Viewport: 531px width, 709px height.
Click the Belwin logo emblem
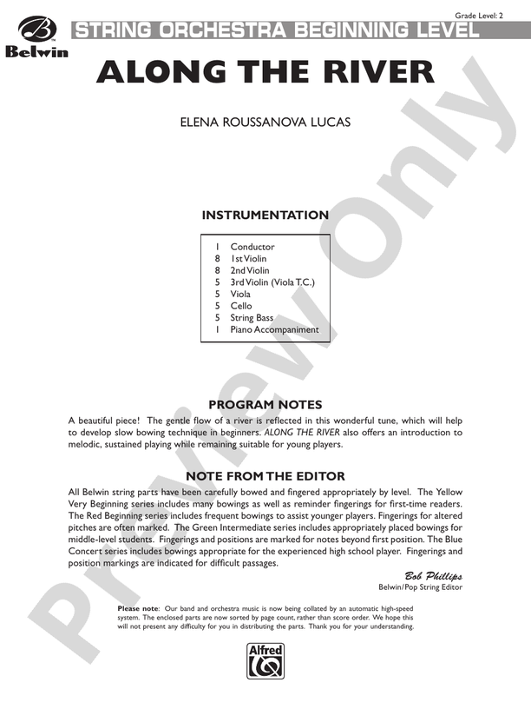34,30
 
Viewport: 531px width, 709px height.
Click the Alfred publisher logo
265,661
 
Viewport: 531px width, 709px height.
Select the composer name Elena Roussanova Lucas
265,122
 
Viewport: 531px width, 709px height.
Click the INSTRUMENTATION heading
265,215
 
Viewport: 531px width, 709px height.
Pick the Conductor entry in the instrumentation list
252,247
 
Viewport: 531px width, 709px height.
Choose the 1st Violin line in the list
248,259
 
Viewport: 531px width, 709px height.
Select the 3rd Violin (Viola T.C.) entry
272,282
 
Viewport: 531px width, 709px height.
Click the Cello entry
241,306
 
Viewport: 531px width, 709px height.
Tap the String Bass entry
252,318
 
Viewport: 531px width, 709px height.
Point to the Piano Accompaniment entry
274,330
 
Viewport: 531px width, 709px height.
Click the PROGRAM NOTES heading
265,405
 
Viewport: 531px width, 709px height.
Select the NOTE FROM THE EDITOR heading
265,476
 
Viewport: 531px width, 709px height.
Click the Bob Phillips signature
433,576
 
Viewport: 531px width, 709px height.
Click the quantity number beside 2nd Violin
218,270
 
